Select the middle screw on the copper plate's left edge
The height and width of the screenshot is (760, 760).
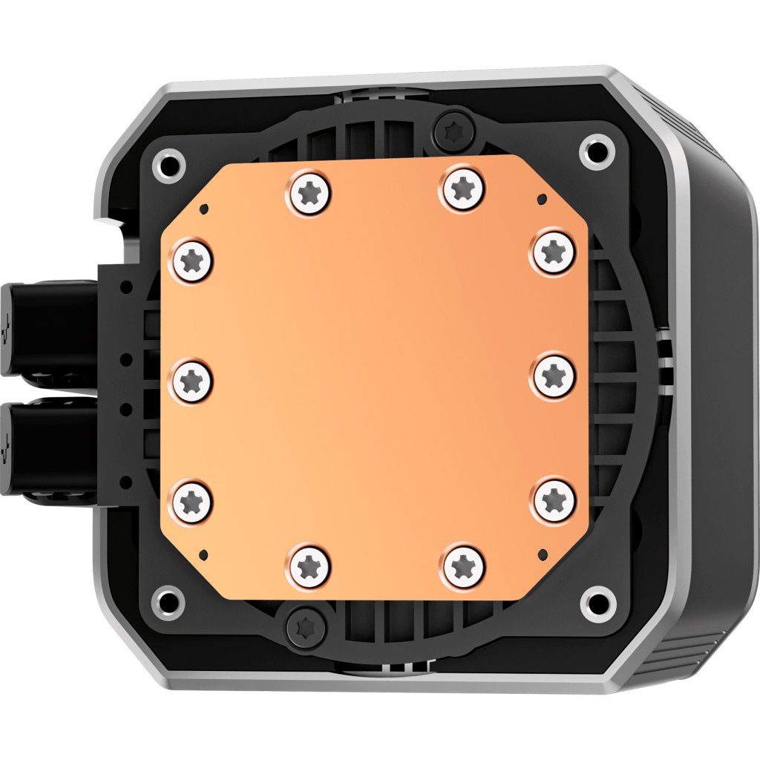[x=192, y=380]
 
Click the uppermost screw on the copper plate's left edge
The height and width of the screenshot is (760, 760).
[x=192, y=261]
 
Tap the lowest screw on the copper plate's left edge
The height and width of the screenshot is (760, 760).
[x=192, y=499]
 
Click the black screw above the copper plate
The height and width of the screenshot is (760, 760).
[x=454, y=131]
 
